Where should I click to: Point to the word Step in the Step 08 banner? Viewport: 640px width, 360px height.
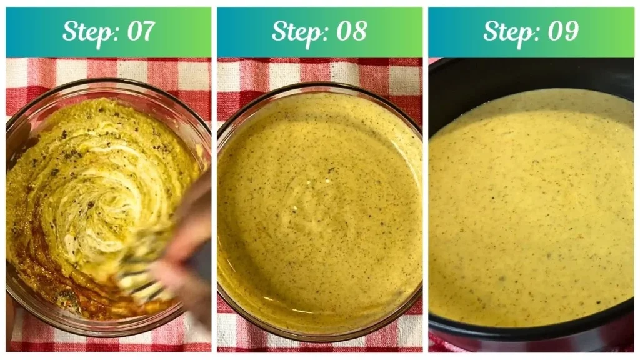[x=298, y=31]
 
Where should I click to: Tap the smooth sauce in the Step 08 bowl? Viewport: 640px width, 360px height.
[x=319, y=206]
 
